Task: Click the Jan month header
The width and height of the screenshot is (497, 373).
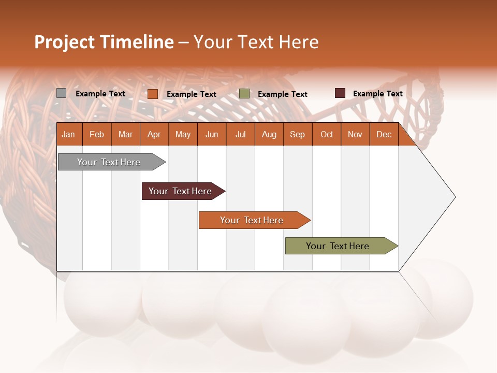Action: pos(69,134)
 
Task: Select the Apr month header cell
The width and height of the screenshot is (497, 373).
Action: pos(154,134)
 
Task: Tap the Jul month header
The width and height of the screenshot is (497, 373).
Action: pos(240,134)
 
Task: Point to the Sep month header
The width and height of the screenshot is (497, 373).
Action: pos(297,134)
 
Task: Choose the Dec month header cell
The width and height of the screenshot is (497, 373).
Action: pos(384,134)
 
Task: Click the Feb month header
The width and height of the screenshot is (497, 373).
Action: pos(97,134)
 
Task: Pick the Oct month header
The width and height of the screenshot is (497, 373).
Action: pos(327,134)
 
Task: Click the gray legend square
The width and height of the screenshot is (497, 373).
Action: pos(61,93)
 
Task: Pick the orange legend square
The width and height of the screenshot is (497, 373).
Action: pos(152,94)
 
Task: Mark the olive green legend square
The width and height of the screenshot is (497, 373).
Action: pos(244,94)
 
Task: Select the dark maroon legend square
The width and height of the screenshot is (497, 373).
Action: pos(340,93)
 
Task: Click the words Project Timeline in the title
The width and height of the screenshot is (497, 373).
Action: pos(104,42)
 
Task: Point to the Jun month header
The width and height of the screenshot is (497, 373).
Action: pos(212,134)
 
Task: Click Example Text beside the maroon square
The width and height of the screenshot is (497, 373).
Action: pos(377,93)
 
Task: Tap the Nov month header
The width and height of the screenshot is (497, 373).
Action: pos(355,134)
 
